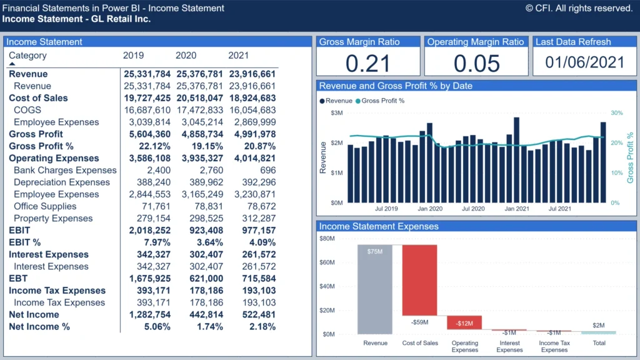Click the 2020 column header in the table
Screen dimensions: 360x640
186,56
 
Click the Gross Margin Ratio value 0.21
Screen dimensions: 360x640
368,63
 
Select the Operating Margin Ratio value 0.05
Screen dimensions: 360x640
476,63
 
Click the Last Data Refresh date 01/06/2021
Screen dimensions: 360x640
584,62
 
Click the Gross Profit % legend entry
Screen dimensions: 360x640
382,101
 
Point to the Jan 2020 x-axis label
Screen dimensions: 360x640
430,209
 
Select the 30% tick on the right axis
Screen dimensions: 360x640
616,113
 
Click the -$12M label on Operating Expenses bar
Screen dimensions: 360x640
464,323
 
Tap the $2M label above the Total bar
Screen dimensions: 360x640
599,326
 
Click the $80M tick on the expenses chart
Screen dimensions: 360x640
327,239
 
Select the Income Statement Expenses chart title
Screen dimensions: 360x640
379,226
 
